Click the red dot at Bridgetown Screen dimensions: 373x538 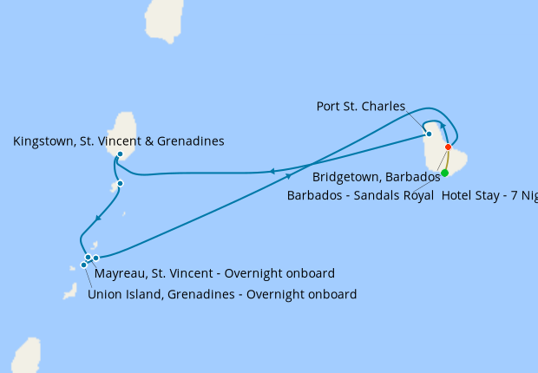tap(448, 147)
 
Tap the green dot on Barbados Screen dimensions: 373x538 tap(444, 173)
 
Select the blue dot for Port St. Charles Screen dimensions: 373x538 tap(429, 134)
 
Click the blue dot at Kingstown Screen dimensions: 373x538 tap(120, 154)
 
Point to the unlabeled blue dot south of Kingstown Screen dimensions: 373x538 tap(120, 183)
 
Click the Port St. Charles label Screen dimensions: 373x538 tap(360, 107)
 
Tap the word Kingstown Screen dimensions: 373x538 tap(43, 141)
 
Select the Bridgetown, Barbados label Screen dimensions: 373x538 tap(376, 177)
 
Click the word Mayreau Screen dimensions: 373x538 tap(121, 272)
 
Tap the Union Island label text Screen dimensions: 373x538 tap(125, 294)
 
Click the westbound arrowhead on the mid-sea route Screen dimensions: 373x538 tap(272, 171)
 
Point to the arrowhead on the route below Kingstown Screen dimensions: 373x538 tap(99, 216)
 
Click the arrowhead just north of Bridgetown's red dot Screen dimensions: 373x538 tap(443, 127)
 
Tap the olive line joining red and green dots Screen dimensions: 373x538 tap(446, 160)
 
